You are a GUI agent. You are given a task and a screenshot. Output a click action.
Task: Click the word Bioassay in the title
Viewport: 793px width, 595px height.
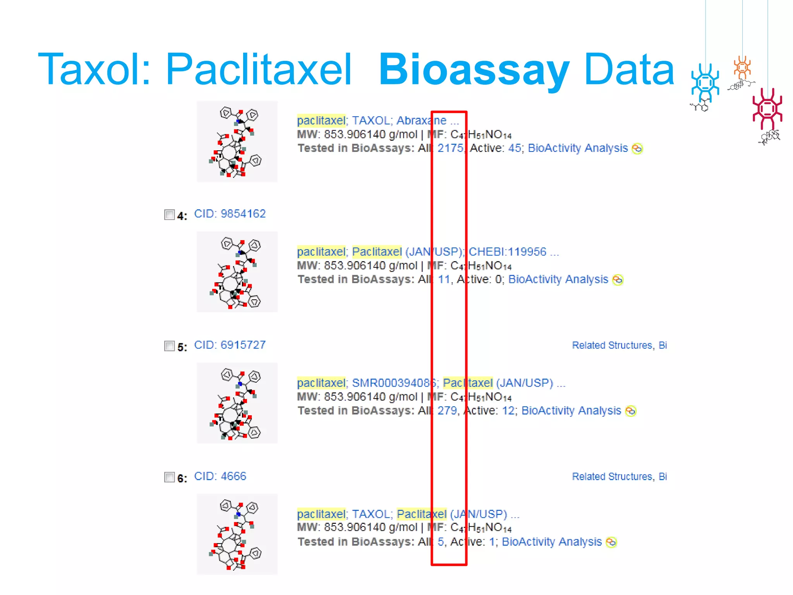click(x=473, y=70)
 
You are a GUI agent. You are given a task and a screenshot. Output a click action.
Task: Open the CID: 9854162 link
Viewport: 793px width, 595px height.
click(x=230, y=214)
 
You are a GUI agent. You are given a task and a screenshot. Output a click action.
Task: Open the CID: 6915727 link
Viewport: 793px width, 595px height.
click(x=230, y=345)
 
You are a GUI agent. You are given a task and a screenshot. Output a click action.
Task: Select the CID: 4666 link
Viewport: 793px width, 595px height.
click(x=220, y=476)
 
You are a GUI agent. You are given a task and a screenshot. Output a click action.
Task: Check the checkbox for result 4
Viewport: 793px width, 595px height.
click(x=170, y=215)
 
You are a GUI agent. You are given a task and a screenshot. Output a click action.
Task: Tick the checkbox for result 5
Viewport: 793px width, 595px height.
click(x=170, y=346)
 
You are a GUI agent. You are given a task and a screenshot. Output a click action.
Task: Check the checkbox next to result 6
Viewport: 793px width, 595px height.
click(x=170, y=477)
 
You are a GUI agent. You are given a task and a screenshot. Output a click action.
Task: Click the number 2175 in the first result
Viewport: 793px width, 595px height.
click(x=450, y=148)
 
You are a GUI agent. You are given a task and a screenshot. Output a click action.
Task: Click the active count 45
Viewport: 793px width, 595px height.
click(x=514, y=148)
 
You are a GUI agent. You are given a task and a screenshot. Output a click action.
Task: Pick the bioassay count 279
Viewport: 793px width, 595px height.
click(x=447, y=411)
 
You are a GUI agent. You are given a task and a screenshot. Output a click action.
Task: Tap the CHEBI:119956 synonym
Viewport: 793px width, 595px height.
click(x=507, y=252)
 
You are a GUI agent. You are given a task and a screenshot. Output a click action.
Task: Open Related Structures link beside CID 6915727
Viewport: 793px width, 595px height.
click(x=612, y=346)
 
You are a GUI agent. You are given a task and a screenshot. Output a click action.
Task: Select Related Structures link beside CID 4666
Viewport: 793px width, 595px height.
click(x=612, y=476)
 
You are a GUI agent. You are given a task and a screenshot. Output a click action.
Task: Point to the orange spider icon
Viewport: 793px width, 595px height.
click(x=742, y=67)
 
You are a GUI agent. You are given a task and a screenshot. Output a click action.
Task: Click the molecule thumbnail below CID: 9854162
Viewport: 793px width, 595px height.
click(x=237, y=272)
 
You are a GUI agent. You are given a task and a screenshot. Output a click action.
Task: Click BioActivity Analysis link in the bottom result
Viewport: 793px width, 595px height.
click(x=552, y=542)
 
